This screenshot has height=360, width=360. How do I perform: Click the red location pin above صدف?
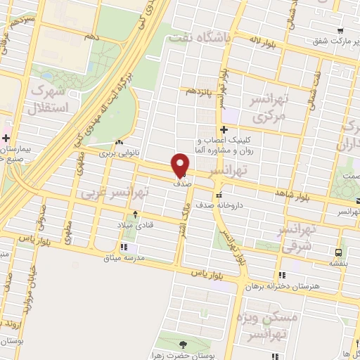(x=181, y=164)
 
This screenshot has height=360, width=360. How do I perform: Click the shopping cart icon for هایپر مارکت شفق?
(x=340, y=31)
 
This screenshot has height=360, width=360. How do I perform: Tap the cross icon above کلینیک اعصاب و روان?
(x=224, y=129)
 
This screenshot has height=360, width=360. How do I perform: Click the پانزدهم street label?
(x=200, y=92)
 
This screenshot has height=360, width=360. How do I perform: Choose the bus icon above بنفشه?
(x=339, y=251)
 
